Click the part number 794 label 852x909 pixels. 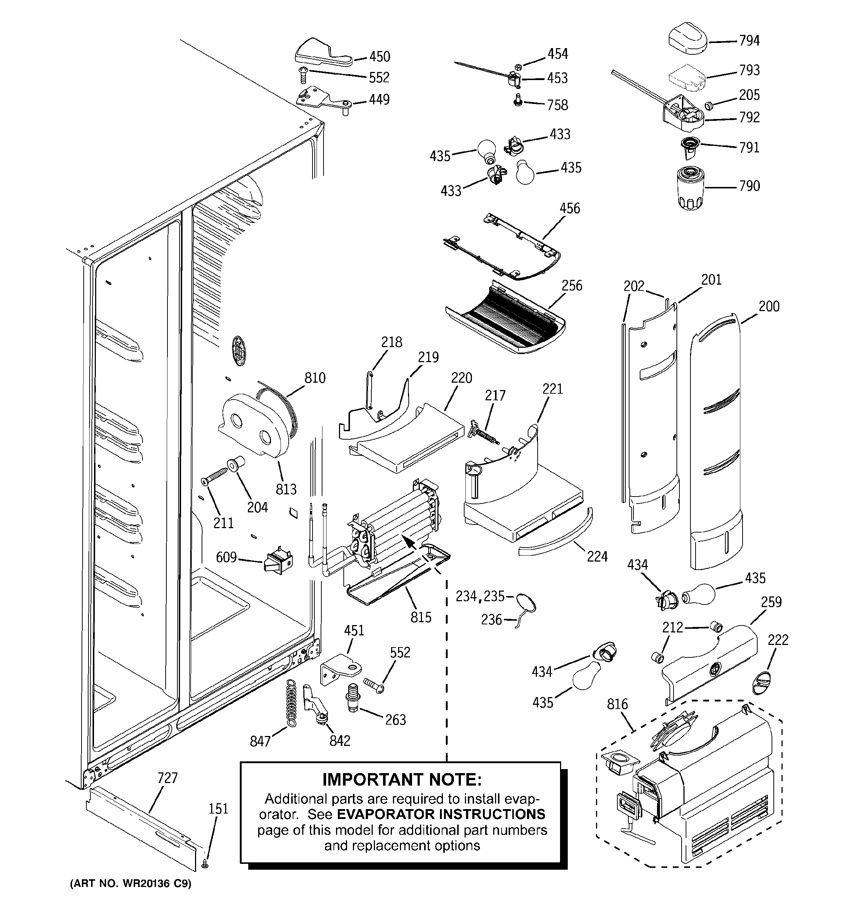[749, 41]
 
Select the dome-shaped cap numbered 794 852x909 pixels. [688, 42]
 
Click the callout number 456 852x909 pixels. [570, 209]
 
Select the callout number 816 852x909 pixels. [617, 704]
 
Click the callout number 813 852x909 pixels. [286, 489]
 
